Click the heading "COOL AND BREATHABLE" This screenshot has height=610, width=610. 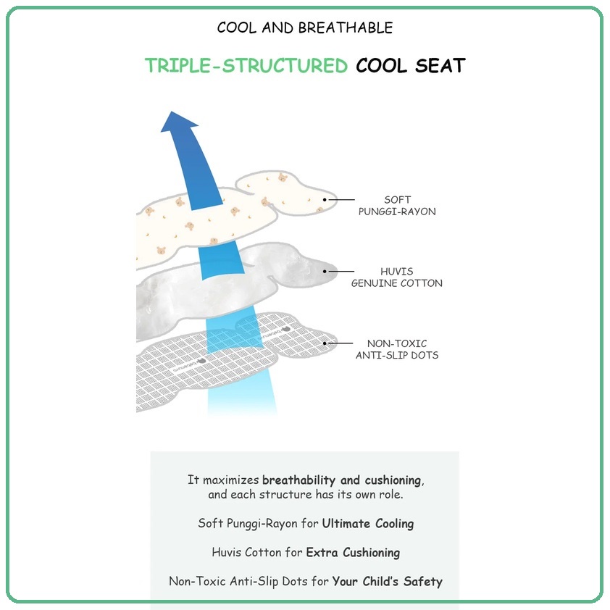tap(304, 28)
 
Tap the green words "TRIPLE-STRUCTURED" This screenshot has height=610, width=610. tap(246, 65)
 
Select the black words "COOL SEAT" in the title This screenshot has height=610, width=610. tap(411, 65)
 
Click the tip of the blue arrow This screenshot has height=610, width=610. tap(171, 112)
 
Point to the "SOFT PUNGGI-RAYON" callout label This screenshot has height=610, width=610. tap(397, 206)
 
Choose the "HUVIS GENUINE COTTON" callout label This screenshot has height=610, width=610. tap(397, 277)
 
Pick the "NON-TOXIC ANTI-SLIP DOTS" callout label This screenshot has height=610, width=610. tap(397, 349)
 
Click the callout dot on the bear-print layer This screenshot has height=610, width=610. tap(325, 199)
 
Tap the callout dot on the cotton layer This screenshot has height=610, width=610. tap(325, 271)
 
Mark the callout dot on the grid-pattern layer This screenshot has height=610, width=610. tap(325, 343)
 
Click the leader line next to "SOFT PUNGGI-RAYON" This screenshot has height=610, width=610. tap(341, 199)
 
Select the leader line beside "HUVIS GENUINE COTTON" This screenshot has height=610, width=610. tap(341, 271)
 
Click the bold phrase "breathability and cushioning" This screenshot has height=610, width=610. tap(342, 480)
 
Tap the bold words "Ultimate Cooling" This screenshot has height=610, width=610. tap(368, 524)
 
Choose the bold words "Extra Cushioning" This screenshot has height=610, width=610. tap(353, 553)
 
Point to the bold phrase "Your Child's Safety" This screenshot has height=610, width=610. tap(387, 581)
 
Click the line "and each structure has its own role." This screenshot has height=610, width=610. tap(306, 495)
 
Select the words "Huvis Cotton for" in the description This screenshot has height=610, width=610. tap(256, 553)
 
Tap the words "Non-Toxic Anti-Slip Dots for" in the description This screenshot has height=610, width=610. tap(248, 581)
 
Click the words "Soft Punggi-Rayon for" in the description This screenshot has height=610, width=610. tap(258, 524)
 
